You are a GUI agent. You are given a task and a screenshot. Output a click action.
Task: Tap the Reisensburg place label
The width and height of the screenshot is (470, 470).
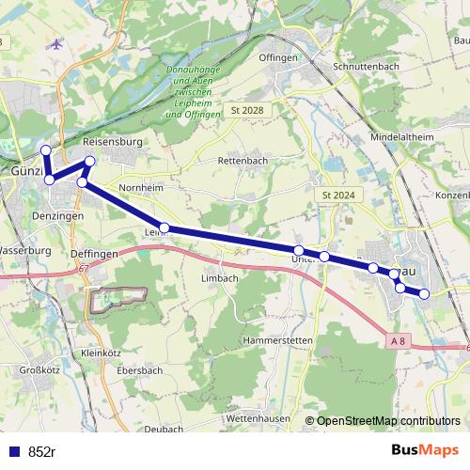tap(136, 143)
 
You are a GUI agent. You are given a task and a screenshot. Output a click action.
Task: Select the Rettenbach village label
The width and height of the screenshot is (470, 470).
tap(243, 162)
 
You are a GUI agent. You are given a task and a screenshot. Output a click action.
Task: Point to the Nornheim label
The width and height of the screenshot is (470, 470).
tap(141, 188)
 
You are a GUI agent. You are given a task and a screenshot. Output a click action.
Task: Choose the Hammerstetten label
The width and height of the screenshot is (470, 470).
tap(249, 338)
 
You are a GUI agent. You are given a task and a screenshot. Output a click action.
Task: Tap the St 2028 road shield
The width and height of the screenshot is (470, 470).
tap(247, 111)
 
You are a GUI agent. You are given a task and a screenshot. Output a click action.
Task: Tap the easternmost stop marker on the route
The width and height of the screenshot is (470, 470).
tap(424, 294)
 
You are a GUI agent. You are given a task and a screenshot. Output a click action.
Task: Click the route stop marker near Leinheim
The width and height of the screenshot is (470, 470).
tap(164, 227)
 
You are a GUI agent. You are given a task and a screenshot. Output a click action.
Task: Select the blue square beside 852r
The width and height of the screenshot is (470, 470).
tap(14, 451)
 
